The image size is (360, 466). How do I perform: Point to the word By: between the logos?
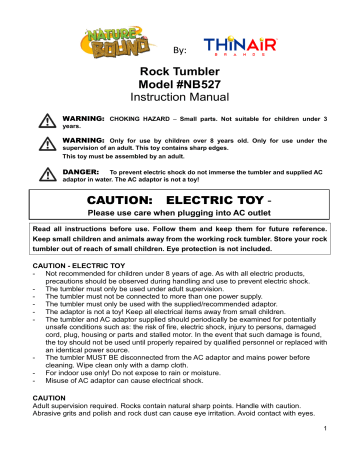click(x=181, y=50)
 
